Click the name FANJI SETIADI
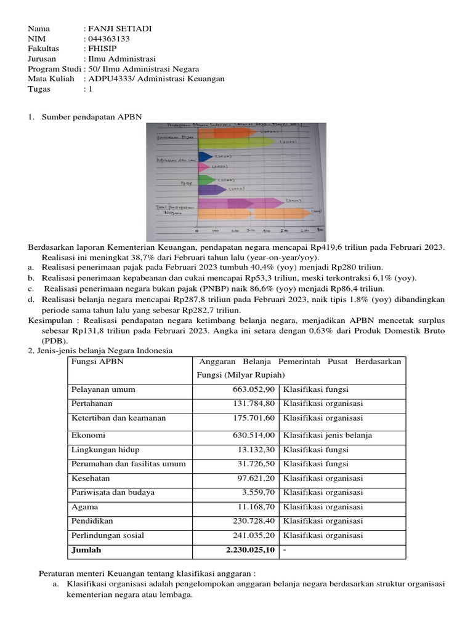120,29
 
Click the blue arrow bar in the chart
206,157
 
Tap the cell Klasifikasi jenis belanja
328,436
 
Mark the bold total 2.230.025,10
250,550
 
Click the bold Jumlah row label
86,550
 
